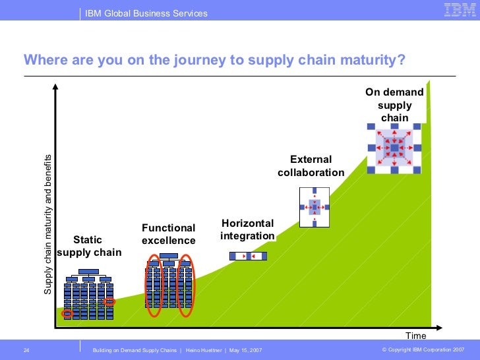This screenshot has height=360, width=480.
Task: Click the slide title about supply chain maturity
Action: pos(214,60)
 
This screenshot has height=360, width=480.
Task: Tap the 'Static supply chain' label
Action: pos(88,246)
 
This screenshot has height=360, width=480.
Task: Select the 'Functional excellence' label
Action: pos(169,234)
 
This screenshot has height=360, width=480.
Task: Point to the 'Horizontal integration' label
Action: pos(247,229)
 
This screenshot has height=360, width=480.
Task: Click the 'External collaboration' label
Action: pos(311,166)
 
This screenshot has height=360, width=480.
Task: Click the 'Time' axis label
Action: pos(416,336)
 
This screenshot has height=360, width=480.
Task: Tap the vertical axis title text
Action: pos(47,225)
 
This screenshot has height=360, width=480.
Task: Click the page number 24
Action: pos(27,349)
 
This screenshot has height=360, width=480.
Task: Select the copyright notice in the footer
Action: pos(423,349)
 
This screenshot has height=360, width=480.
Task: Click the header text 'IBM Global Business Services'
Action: pos(146,13)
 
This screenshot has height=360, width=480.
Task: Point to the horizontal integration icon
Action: pos(249,256)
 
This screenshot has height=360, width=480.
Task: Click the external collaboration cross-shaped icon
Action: pos(315,208)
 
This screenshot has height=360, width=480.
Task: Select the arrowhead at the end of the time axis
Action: pos(439,326)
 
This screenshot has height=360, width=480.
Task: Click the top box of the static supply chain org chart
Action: pos(88,272)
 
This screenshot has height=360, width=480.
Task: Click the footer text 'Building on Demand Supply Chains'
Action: pos(136,349)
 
